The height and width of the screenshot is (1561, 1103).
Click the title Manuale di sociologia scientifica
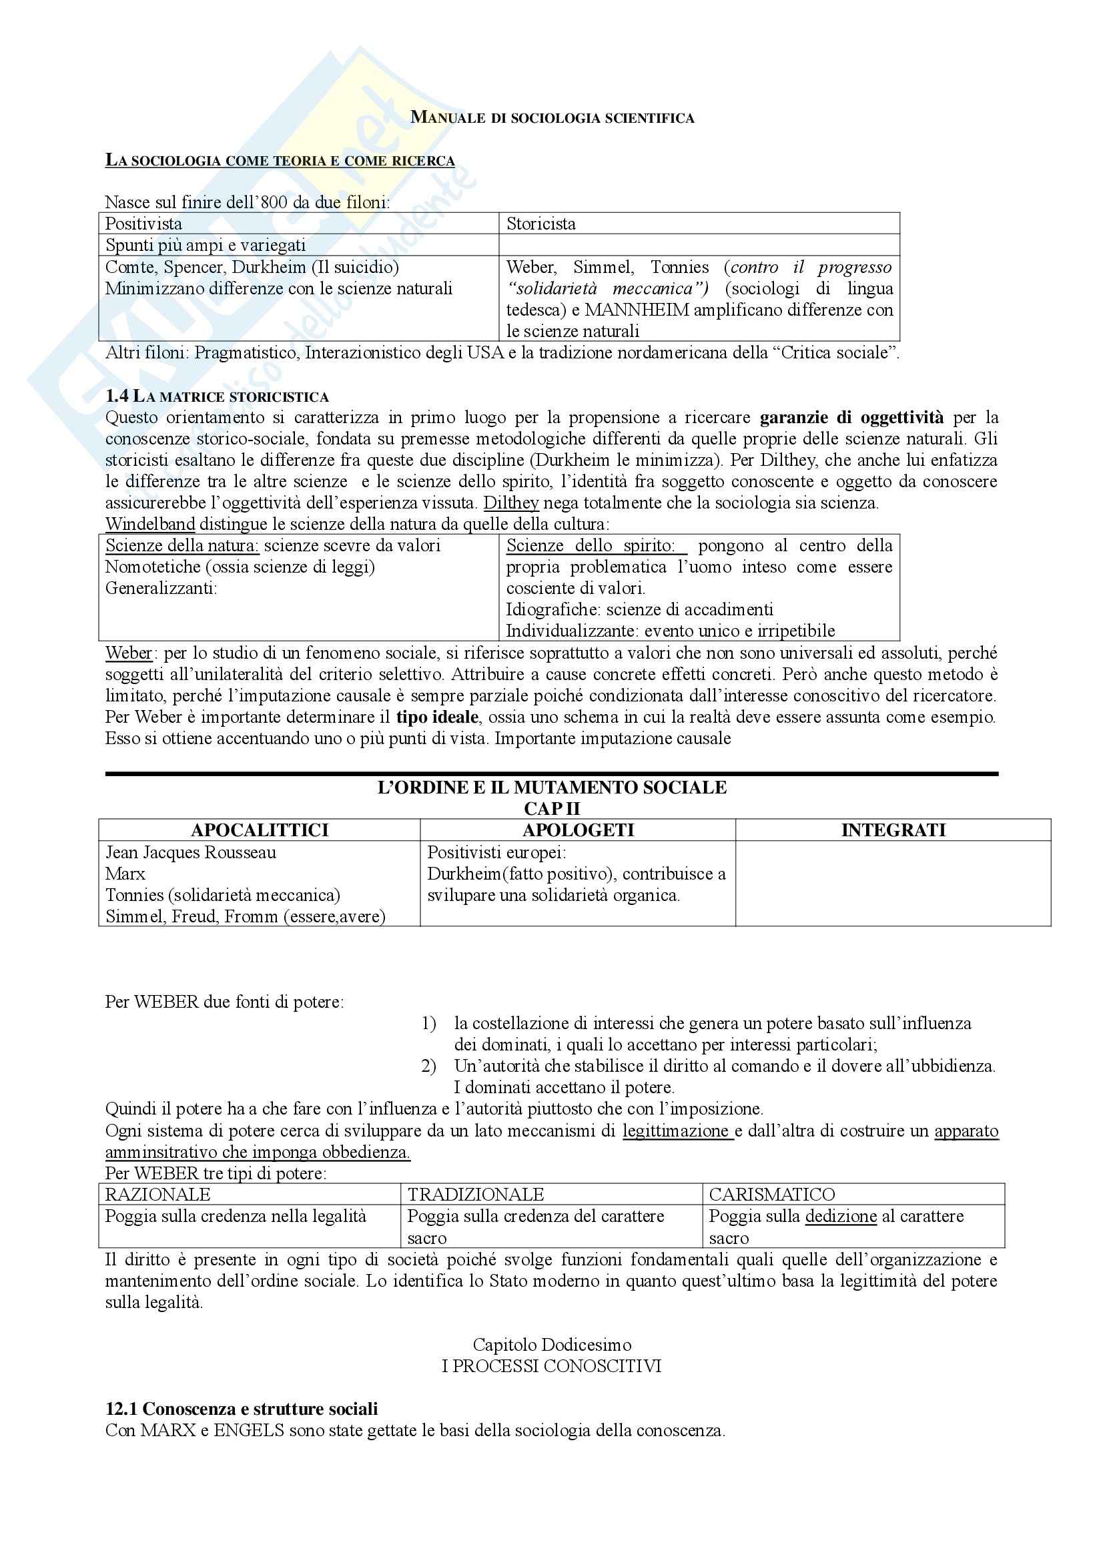(552, 117)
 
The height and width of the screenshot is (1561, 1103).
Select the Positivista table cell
(143, 224)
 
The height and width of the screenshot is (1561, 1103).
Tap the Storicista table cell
(540, 224)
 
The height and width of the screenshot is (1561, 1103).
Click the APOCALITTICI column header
(260, 830)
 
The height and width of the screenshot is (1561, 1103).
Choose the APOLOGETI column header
(578, 830)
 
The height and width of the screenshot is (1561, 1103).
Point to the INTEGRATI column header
(893, 830)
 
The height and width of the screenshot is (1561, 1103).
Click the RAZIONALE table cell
(157, 1195)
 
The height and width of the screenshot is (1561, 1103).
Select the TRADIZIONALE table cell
(476, 1195)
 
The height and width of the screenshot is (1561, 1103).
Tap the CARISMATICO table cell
(772, 1195)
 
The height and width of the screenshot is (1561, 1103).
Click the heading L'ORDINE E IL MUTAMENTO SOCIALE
(552, 788)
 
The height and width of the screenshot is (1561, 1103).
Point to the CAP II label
(552, 809)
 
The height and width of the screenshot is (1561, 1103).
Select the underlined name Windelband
(150, 524)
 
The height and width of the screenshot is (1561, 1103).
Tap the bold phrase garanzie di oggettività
(851, 416)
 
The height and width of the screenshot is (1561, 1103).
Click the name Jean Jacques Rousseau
(190, 852)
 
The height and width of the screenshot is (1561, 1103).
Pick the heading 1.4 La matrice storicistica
(217, 396)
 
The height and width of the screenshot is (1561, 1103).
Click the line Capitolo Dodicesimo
(552, 1345)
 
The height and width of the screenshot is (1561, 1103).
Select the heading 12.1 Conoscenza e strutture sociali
(242, 1410)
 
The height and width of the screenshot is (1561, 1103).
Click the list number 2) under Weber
(428, 1066)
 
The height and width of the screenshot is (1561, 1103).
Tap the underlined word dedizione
(841, 1217)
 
